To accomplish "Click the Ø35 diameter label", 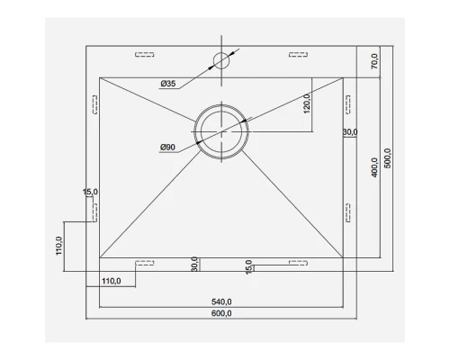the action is pyautogui.click(x=168, y=84).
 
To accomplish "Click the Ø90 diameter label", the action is pyautogui.click(x=167, y=148).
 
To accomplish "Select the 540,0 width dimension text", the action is pyautogui.click(x=221, y=301).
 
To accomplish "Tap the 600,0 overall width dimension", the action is pyautogui.click(x=221, y=313).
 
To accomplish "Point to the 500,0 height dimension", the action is pyautogui.click(x=388, y=158).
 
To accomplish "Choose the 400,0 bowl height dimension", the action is pyautogui.click(x=374, y=167).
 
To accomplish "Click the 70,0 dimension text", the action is pyautogui.click(x=374, y=61).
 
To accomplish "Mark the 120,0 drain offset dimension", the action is pyautogui.click(x=307, y=103).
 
